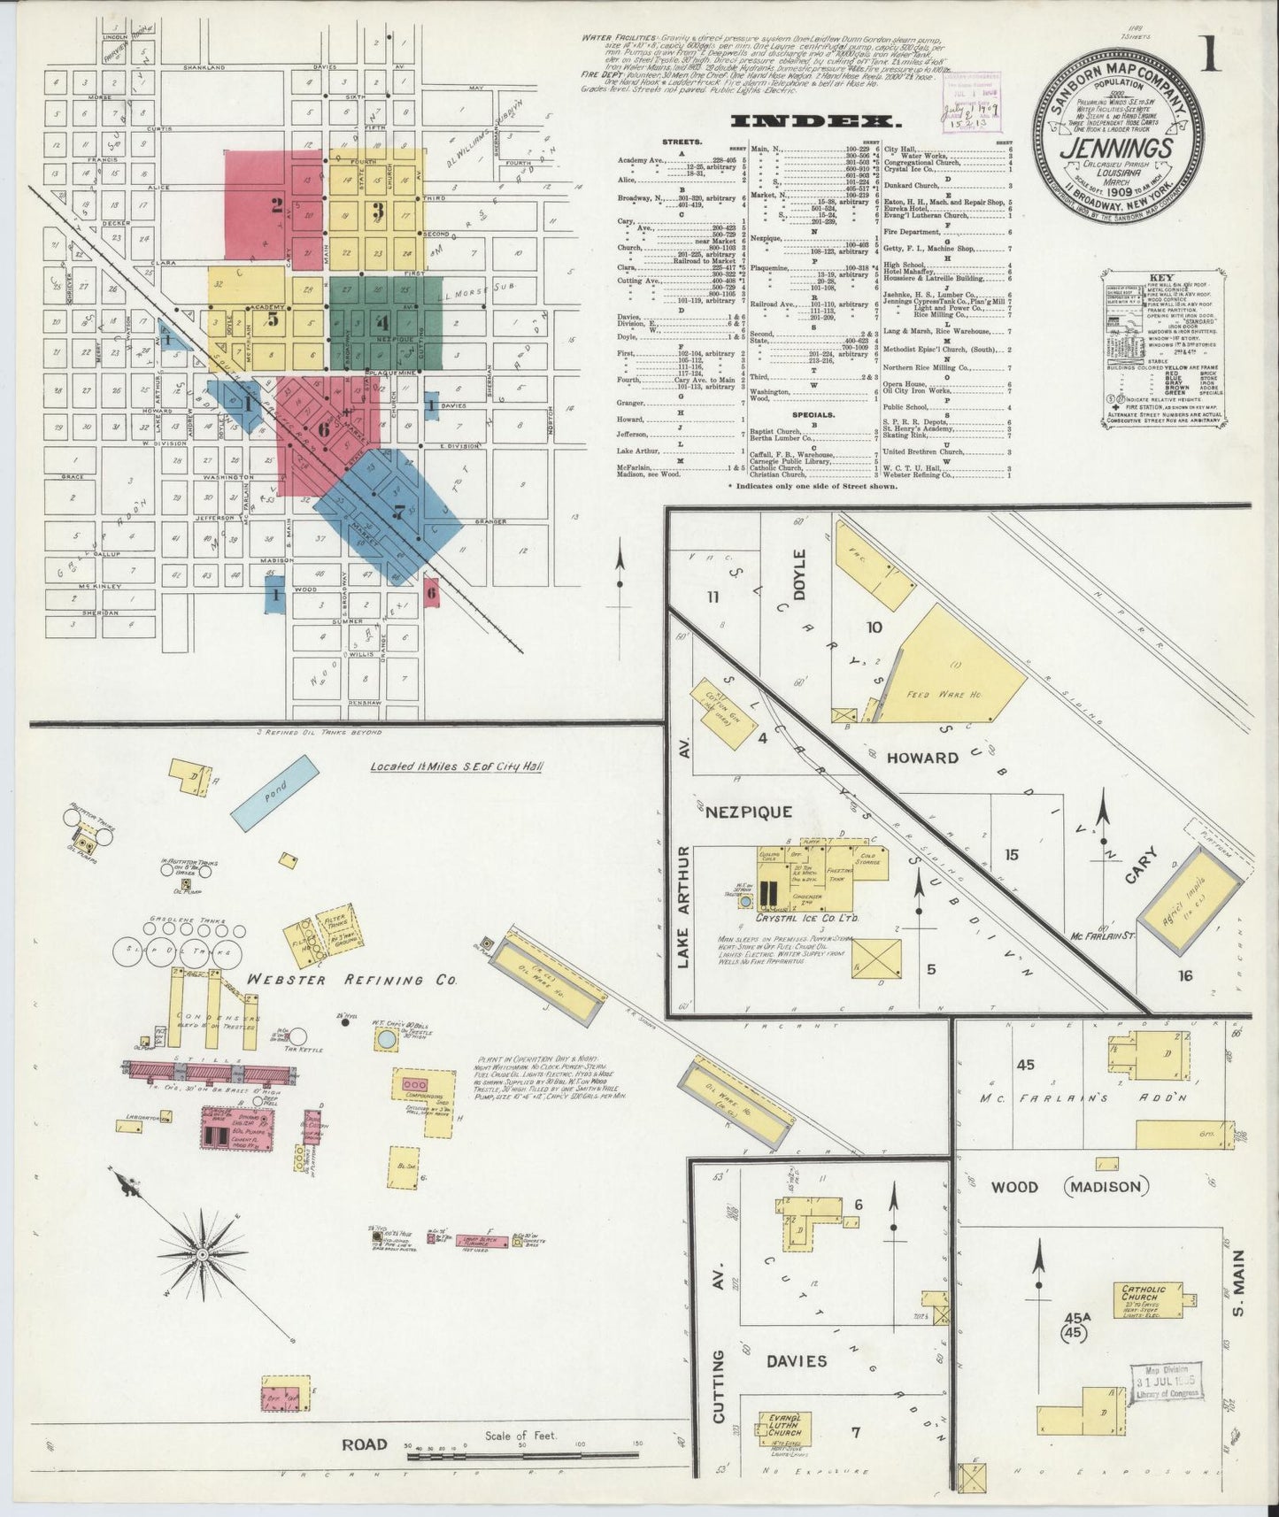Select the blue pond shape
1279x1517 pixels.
[x=274, y=791]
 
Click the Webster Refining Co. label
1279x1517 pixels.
[x=351, y=980]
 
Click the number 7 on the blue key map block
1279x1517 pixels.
[x=399, y=511]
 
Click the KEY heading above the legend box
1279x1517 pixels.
[x=1157, y=276]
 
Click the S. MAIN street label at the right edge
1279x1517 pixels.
[x=1237, y=1282]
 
